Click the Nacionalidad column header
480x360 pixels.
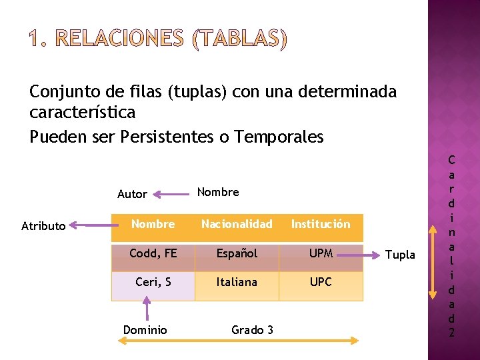237,225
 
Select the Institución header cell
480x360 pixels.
321,225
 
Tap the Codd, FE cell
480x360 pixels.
153,253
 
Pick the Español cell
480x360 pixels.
237,253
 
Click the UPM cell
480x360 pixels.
321,253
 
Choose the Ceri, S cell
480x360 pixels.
153,282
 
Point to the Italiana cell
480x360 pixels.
237,282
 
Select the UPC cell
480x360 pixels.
321,282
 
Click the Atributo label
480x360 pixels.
43,226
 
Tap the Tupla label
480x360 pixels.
401,255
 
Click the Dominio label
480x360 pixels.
145,329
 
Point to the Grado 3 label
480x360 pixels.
252,329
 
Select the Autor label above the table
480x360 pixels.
132,194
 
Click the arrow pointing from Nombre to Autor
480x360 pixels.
171,194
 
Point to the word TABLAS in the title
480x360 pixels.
239,40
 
